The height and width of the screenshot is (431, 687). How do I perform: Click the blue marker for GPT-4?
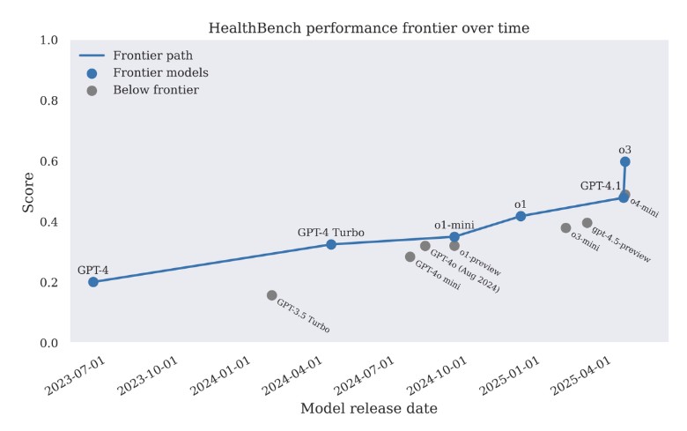(x=93, y=282)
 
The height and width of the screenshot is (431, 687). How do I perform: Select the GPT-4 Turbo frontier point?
(x=331, y=244)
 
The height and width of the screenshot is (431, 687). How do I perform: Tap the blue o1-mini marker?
(x=454, y=237)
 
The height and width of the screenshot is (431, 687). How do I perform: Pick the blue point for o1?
(x=521, y=216)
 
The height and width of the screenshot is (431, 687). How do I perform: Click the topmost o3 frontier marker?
(x=625, y=162)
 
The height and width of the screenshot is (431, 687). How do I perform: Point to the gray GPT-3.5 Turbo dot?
(x=271, y=295)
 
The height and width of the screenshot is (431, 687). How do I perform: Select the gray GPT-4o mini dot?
(x=410, y=256)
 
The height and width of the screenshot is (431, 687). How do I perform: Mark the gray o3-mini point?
(x=565, y=227)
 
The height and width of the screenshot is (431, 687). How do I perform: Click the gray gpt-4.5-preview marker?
(x=587, y=223)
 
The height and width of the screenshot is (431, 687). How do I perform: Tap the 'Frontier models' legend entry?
(x=160, y=73)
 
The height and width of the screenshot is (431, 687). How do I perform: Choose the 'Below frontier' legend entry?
(x=155, y=90)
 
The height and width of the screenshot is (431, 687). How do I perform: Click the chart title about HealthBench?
(x=368, y=28)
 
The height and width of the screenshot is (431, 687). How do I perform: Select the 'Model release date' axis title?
(x=368, y=409)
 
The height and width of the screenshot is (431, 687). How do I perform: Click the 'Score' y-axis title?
(x=28, y=191)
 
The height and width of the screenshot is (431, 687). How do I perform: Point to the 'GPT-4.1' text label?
(x=601, y=186)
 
